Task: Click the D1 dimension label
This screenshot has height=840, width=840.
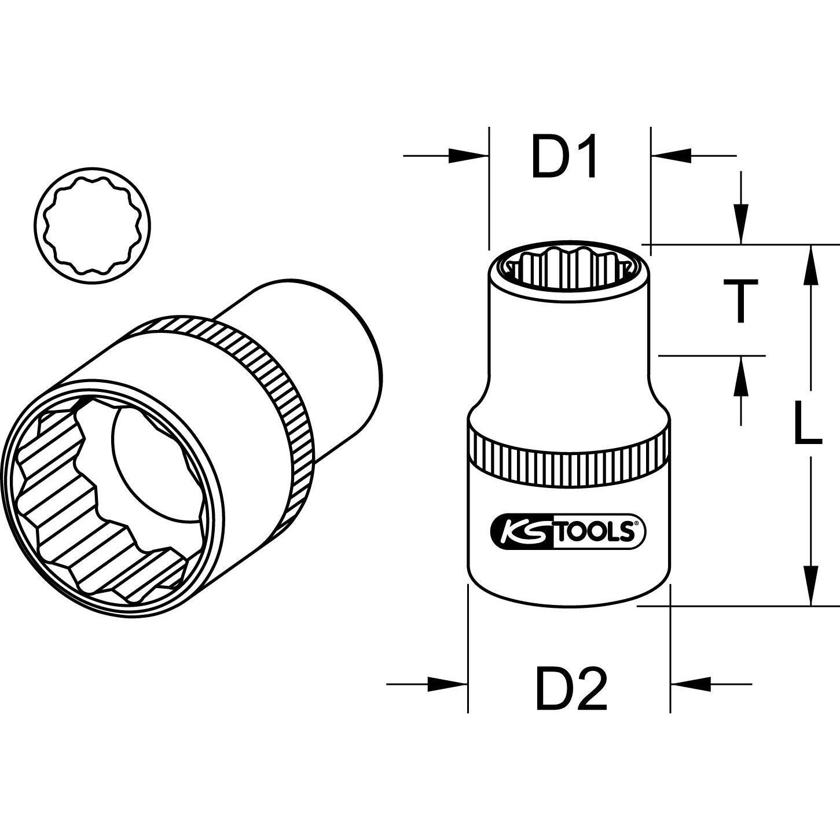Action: [564, 157]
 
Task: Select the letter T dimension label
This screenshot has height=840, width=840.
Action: [739, 300]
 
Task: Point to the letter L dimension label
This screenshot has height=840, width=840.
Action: [806, 424]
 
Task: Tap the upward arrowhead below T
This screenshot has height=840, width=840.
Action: [740, 376]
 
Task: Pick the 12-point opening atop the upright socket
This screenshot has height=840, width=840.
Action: [569, 265]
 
